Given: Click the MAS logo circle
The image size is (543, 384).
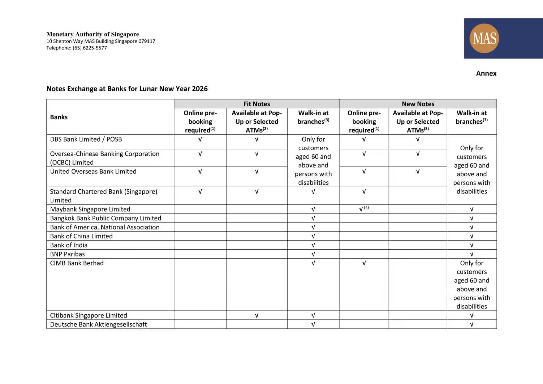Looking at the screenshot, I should [x=484, y=38].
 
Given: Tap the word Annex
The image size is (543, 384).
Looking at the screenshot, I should [x=486, y=73].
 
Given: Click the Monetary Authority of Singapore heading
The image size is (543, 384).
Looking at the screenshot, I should [x=93, y=34].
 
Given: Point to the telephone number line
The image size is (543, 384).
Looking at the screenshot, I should [x=76, y=48].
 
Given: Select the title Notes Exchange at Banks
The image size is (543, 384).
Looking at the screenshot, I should [x=127, y=89].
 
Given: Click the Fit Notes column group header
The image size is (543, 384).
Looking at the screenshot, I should [x=256, y=104].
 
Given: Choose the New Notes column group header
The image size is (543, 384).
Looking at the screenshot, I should [x=418, y=104].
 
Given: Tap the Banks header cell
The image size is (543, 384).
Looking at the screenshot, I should [x=59, y=117].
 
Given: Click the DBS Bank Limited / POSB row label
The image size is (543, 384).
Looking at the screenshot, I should [x=86, y=139].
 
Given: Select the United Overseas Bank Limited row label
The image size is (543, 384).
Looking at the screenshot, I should [x=93, y=171].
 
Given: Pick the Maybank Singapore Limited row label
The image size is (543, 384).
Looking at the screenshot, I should [x=90, y=209].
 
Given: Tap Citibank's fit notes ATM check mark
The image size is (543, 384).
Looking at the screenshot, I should [x=256, y=315].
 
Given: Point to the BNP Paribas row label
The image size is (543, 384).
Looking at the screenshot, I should [x=67, y=254].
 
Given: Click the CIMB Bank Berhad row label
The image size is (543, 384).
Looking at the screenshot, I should [x=77, y=263].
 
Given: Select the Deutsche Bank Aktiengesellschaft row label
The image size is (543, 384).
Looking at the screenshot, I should [x=98, y=324].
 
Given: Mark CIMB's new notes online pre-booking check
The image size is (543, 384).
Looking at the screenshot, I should [x=364, y=263].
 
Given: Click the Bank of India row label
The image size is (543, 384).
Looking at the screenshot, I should [x=69, y=245].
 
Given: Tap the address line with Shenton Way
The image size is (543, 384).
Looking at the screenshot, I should [x=101, y=41].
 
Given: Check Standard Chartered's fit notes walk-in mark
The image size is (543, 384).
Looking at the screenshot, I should [x=313, y=191].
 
